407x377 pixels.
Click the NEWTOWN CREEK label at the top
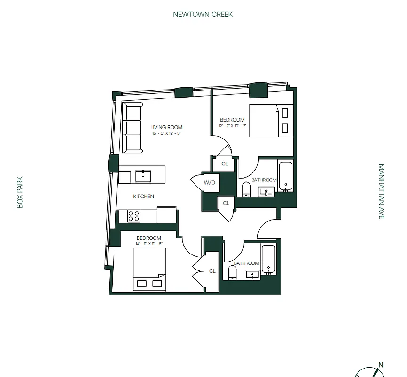[x=203, y=14]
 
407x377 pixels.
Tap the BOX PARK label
[x=20, y=192]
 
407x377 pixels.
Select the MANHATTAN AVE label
[x=382, y=191]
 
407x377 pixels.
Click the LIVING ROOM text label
[x=166, y=127]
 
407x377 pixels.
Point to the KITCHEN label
[x=143, y=197]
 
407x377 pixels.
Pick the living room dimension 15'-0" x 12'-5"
[x=166, y=134]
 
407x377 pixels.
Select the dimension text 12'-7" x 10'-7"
[x=232, y=126]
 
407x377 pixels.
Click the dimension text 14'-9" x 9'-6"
[x=149, y=244]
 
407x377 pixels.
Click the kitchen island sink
[x=142, y=176]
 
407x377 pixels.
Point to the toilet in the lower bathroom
[x=232, y=273]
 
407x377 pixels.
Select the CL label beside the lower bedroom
[x=212, y=271]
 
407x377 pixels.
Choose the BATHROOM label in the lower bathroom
[x=246, y=263]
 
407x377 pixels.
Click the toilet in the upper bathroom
[x=245, y=189]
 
